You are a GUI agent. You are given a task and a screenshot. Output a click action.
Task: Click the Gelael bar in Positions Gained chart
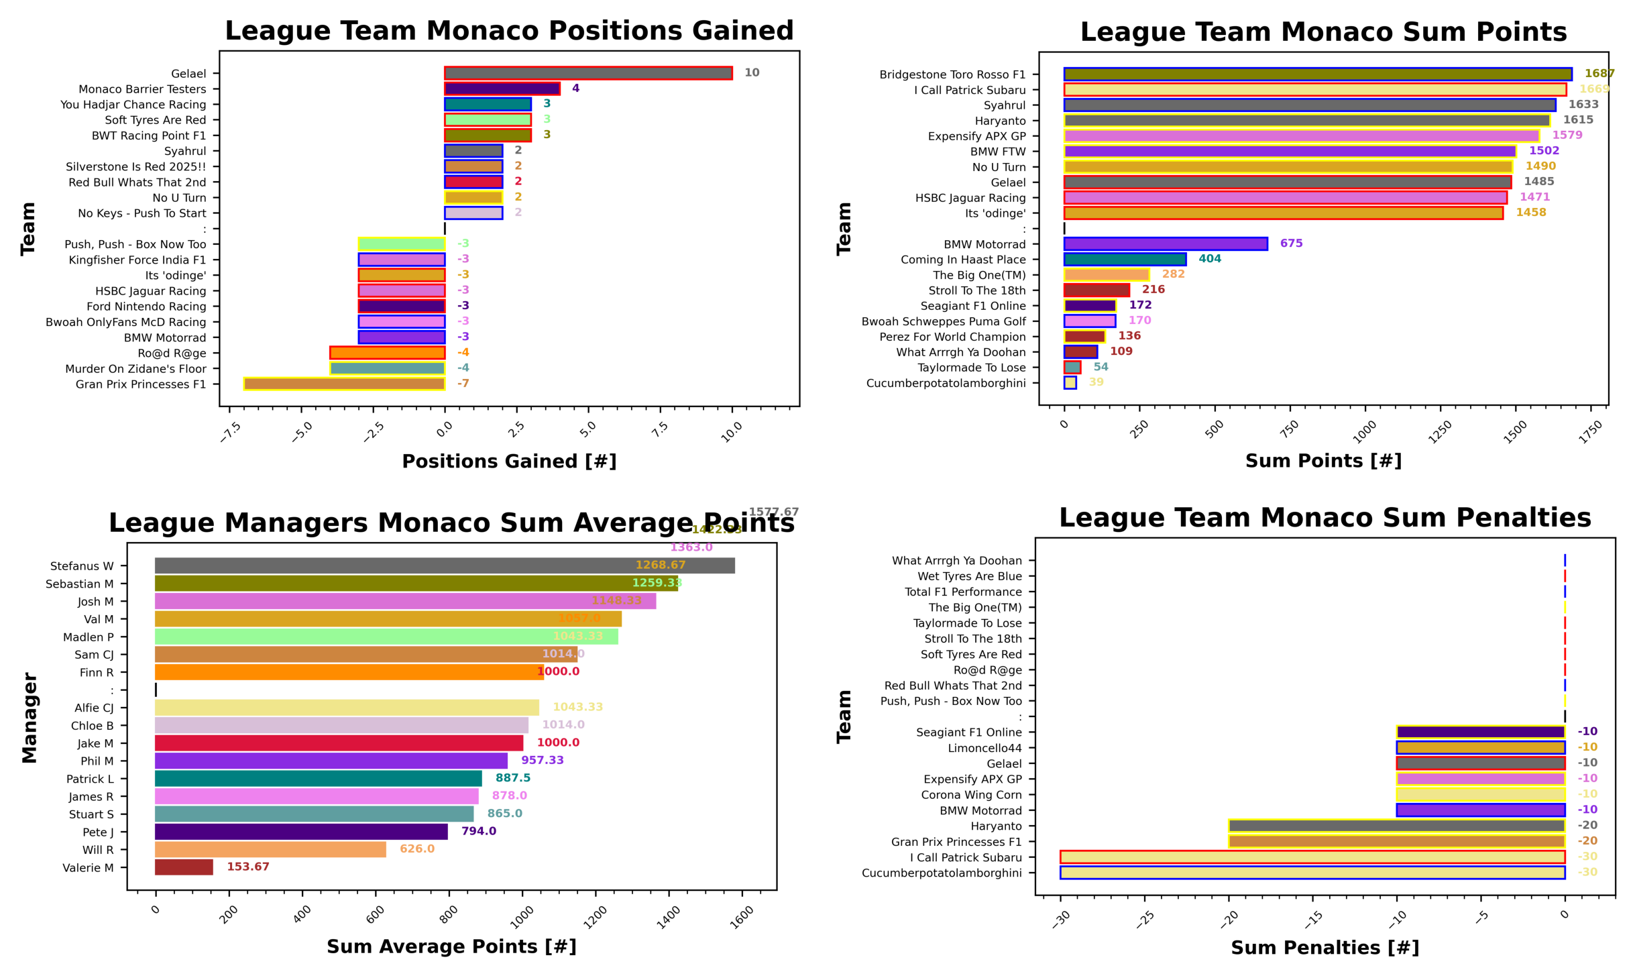click(587, 73)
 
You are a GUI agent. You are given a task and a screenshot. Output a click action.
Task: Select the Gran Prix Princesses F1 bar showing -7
click(344, 384)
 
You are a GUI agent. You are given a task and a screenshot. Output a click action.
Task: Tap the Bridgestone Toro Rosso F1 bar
click(1316, 74)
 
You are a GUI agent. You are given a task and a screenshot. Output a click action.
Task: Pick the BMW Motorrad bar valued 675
click(1165, 243)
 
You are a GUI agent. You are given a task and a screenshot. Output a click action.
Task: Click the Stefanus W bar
click(444, 565)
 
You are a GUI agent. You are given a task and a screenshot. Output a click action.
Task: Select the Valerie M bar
click(184, 867)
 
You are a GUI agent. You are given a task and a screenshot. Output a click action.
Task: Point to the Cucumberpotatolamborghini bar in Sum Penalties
click(1311, 872)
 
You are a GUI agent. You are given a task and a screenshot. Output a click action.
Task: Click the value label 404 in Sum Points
click(1209, 259)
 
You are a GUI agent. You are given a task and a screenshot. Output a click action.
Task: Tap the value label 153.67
click(247, 867)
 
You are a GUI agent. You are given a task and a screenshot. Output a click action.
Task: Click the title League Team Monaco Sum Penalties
click(1324, 518)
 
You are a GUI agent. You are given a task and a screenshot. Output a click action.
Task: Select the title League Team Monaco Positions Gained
click(509, 31)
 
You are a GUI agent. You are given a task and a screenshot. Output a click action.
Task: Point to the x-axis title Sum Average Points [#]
click(451, 946)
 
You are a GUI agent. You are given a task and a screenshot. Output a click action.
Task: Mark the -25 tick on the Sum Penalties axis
click(1144, 919)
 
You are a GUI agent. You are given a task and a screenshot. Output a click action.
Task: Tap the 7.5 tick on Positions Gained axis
click(660, 429)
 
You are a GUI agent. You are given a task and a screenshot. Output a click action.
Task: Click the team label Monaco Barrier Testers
click(142, 89)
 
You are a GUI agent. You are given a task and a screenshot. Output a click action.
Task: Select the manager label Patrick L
click(90, 779)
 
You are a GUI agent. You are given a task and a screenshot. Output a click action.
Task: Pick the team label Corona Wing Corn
click(970, 795)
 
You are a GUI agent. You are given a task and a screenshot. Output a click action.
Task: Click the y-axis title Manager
click(30, 717)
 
